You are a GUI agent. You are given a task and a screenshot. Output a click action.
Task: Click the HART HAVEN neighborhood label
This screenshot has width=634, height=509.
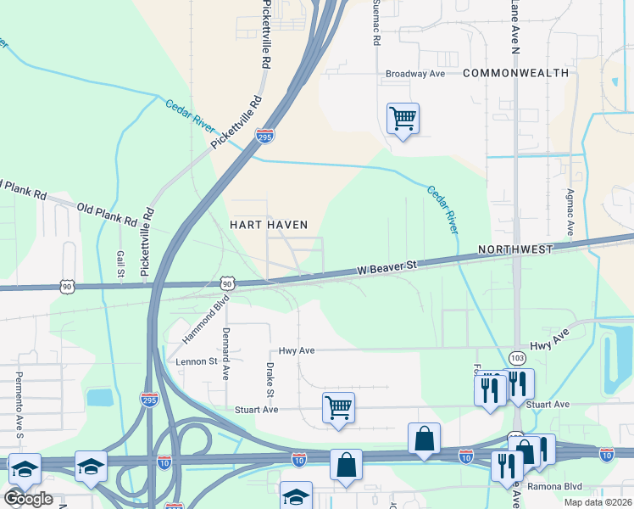[x=268, y=224]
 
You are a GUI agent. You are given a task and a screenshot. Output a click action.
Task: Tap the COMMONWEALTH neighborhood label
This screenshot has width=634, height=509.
[x=515, y=74]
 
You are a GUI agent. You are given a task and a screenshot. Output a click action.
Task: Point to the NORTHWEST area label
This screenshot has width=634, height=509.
[x=514, y=249]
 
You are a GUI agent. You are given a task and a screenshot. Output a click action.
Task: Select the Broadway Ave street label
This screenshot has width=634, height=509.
[x=415, y=74]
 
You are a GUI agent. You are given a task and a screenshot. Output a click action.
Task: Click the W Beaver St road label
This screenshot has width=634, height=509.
[x=387, y=267]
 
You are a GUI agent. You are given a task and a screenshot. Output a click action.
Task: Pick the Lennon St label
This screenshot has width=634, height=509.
[x=197, y=361]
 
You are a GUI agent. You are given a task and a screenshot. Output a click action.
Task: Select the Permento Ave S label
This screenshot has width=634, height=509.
[x=19, y=398]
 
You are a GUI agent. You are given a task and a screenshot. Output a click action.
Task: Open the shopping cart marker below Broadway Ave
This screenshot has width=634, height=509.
[x=403, y=119]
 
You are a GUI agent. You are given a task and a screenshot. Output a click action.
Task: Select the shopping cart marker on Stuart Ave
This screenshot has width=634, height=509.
[x=338, y=406]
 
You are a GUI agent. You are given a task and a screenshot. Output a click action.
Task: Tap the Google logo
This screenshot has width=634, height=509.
[x=28, y=498]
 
